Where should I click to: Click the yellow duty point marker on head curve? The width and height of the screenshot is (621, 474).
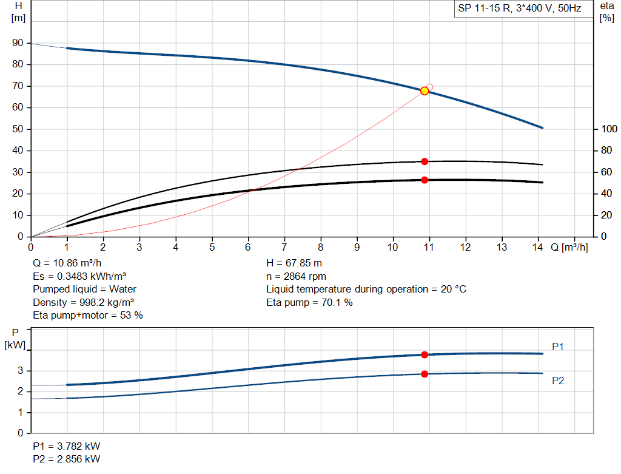(425, 91)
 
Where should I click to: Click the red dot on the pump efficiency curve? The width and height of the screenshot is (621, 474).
(425, 161)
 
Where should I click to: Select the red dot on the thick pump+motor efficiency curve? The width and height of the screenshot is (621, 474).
(425, 180)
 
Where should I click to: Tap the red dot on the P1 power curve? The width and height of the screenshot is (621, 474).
(425, 354)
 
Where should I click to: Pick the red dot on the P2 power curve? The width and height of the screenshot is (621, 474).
(425, 374)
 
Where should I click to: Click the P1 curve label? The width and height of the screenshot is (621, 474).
(559, 347)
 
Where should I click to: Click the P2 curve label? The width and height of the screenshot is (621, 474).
(559, 381)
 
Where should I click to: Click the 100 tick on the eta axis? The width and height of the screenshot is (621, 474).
(608, 129)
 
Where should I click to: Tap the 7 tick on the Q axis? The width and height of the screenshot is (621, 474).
(284, 247)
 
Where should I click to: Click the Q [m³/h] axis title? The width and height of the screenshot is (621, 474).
(569, 247)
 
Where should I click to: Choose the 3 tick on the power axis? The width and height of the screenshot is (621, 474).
(21, 371)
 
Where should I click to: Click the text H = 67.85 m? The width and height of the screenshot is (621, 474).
(294, 263)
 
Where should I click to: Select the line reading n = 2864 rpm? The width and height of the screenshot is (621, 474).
(296, 276)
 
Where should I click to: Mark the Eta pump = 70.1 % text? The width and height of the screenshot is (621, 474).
(309, 302)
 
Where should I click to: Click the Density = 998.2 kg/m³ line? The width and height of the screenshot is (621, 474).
(83, 302)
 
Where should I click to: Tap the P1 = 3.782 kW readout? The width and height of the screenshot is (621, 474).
(66, 446)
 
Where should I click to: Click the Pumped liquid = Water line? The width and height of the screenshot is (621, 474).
(84, 289)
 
